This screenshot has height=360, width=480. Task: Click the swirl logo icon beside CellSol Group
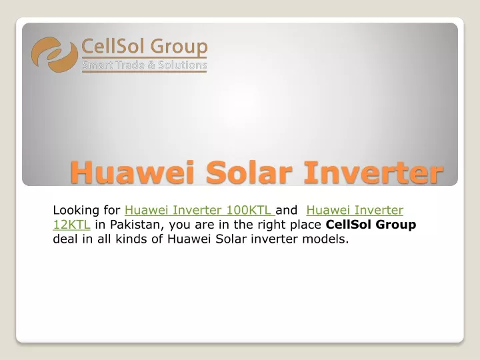[x=55, y=55]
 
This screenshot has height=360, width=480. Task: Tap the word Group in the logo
[x=179, y=47]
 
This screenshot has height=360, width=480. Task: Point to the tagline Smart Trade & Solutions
[x=145, y=65]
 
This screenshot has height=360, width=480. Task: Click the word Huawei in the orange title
[x=133, y=172]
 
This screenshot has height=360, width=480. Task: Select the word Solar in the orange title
[x=249, y=172]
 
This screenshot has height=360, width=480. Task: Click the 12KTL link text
[x=71, y=225]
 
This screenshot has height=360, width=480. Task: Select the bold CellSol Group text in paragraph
[x=371, y=225]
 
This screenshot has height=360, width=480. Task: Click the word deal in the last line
[x=65, y=239]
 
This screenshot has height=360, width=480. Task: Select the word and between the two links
[x=286, y=210]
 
